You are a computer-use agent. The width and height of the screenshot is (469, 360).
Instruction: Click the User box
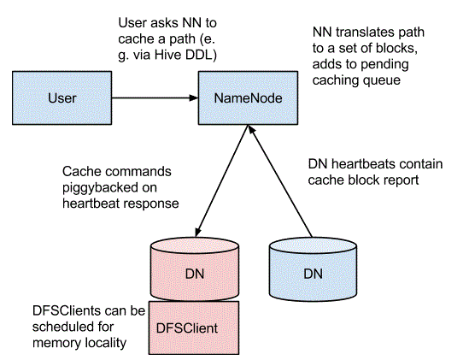62,98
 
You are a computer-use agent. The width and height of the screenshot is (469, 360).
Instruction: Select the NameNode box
248,98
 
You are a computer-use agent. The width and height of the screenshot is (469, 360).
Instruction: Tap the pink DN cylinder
195,269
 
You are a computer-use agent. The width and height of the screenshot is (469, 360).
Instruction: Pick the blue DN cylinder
313,269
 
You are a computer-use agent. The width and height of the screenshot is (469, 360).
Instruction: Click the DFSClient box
194,328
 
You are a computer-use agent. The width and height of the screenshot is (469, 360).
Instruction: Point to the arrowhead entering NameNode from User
194,98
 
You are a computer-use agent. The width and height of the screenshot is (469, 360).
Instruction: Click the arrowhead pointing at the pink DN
198,232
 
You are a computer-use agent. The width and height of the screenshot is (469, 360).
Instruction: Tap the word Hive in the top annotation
167,55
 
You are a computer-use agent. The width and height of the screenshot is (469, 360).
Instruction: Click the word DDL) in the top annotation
202,55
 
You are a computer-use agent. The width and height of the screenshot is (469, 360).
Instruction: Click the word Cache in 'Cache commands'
77,172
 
